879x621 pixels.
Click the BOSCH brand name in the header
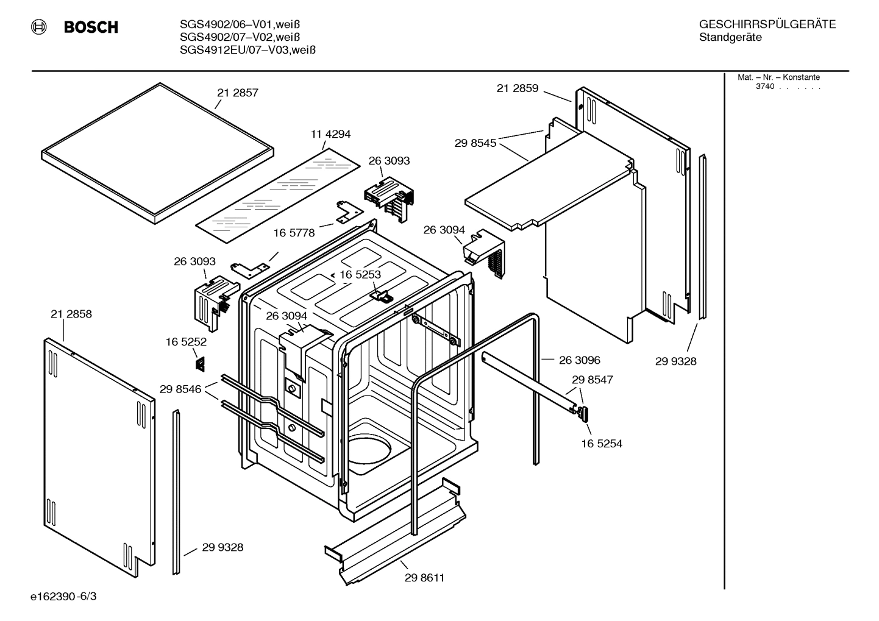91,27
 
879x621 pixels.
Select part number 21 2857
238,93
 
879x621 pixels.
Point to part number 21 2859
517,89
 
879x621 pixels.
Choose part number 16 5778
294,233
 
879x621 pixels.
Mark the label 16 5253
360,275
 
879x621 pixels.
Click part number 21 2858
71,314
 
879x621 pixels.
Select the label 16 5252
186,342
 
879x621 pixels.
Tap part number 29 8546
180,389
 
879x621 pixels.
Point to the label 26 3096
580,360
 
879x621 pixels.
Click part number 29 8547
592,380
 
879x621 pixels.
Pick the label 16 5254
602,444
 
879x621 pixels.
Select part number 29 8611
424,578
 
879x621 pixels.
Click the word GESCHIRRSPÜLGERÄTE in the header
767,25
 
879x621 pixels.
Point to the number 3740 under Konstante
764,87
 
